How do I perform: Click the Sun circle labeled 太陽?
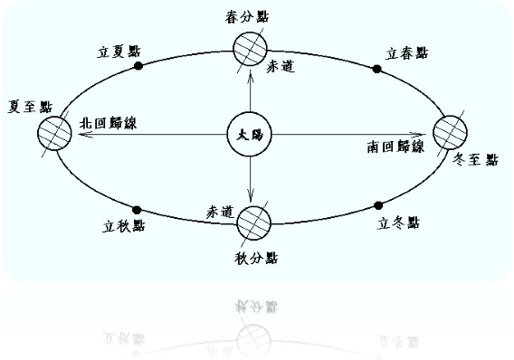[250, 135]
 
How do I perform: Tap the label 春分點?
[247, 16]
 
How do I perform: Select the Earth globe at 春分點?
[250, 49]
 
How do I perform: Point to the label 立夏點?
[119, 52]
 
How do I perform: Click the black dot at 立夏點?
[138, 66]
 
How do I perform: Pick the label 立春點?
[406, 53]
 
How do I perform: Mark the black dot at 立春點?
[377, 69]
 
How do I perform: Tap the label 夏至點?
[30, 107]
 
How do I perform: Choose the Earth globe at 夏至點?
[54, 133]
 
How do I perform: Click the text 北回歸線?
[109, 123]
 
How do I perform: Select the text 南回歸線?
[395, 147]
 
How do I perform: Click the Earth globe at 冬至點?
[450, 133]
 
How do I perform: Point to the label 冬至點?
[475, 159]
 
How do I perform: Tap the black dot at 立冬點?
[378, 205]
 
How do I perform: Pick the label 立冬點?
[398, 223]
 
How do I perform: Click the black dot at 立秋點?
[137, 210]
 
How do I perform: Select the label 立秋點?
[124, 226]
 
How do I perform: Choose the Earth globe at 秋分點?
[253, 223]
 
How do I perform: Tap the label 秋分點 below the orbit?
[256, 258]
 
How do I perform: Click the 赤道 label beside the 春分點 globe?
[281, 67]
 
